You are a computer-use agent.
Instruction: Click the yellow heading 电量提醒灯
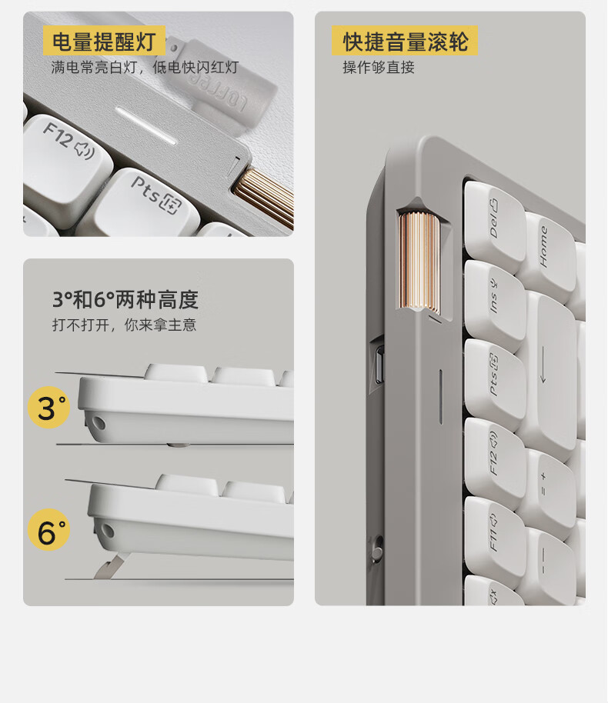(104, 42)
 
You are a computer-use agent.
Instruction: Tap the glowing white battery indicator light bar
(145, 125)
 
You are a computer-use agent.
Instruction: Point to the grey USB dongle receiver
(219, 83)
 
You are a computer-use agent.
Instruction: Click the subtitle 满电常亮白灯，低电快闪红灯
(145, 67)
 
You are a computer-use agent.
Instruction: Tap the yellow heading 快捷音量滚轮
(405, 42)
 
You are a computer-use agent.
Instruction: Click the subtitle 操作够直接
(378, 67)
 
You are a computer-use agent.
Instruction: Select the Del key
(493, 223)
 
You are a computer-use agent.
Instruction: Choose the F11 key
(493, 535)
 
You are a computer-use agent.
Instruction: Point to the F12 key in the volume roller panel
(493, 456)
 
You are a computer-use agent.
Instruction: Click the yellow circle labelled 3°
(49, 408)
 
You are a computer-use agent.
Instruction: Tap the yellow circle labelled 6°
(49, 529)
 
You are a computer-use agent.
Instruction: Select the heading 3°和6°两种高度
(125, 299)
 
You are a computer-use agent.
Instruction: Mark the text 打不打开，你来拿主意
(124, 325)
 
